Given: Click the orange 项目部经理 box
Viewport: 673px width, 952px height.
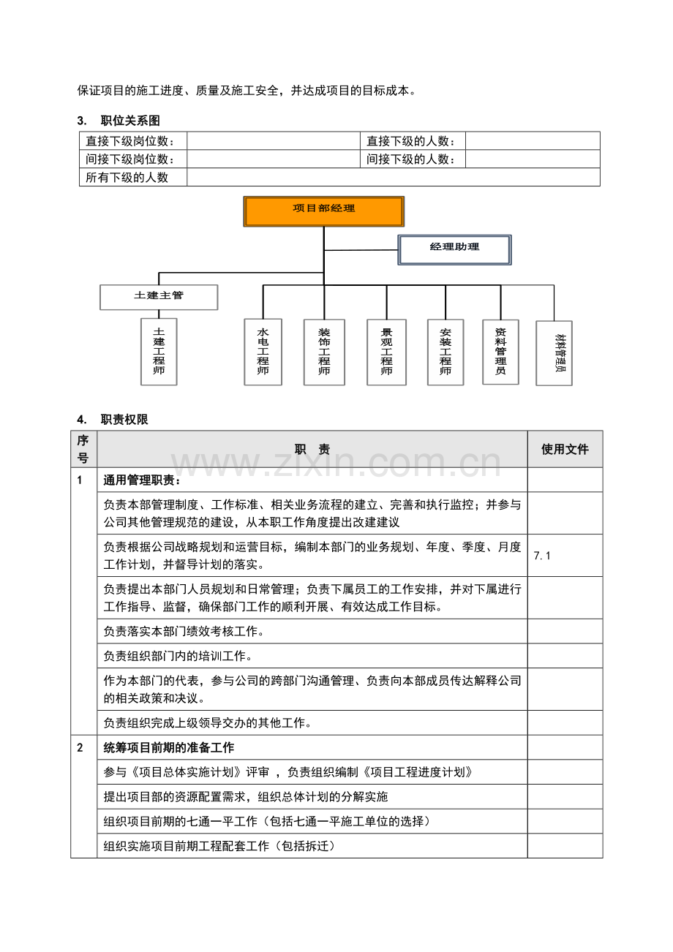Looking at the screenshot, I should (x=323, y=211).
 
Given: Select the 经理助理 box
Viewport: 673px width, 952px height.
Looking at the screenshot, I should (x=454, y=249).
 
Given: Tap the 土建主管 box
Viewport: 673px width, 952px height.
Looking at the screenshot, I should (x=159, y=296).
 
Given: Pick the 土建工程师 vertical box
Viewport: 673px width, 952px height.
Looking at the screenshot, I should (x=159, y=351).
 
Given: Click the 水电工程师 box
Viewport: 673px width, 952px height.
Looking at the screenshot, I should (x=263, y=352).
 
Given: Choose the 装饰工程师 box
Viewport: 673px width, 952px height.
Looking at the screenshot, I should (x=323, y=352).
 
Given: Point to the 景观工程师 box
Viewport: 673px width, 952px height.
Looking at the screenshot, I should (x=386, y=352).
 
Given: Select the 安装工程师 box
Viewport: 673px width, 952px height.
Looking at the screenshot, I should (x=445, y=352).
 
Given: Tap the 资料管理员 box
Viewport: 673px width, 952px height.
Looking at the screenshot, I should (x=500, y=351).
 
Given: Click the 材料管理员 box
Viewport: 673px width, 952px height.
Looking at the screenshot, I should (x=554, y=353).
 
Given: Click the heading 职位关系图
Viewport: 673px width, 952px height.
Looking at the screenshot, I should (x=130, y=121).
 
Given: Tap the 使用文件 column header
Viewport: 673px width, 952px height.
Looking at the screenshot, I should (x=565, y=450).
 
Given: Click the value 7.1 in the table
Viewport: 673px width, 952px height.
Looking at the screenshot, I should (x=543, y=556).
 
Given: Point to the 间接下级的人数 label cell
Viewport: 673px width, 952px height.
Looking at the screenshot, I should (x=411, y=159).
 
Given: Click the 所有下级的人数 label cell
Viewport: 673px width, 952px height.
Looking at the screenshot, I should (x=127, y=178).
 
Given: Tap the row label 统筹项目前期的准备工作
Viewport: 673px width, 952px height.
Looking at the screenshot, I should (x=169, y=748).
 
